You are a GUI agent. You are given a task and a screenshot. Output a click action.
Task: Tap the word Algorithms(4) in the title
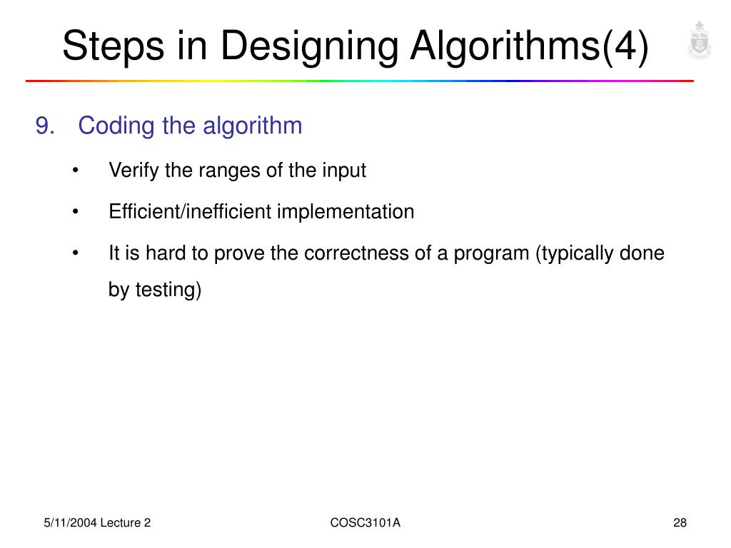(x=530, y=47)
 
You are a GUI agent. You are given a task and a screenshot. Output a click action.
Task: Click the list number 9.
(x=45, y=126)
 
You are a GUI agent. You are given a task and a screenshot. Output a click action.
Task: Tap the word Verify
(x=134, y=171)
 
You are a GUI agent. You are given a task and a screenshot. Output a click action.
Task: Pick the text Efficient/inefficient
(x=191, y=212)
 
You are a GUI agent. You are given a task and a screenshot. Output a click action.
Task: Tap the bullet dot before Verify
(x=76, y=171)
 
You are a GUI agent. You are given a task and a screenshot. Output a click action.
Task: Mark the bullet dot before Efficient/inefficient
(x=76, y=213)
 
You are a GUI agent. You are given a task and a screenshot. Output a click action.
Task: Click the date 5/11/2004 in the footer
(x=68, y=523)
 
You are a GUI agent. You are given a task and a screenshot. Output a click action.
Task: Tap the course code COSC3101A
(x=365, y=523)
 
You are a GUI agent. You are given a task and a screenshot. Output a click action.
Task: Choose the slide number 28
(x=679, y=523)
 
